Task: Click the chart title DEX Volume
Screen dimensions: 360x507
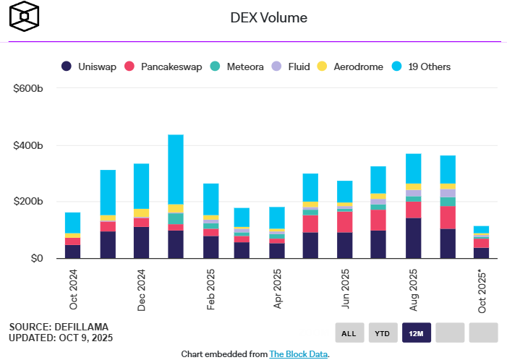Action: point(268,17)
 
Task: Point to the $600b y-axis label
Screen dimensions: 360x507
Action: point(28,88)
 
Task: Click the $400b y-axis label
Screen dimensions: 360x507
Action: point(28,145)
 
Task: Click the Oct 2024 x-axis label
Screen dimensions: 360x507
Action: point(72,290)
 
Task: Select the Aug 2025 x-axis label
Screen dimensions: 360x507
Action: point(414,290)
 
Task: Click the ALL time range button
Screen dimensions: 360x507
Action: point(349,333)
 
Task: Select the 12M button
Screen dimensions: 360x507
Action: point(417,333)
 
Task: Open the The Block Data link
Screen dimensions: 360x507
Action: point(299,354)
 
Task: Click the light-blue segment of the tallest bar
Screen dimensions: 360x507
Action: point(175,169)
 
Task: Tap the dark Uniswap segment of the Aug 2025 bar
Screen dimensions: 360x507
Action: point(414,238)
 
